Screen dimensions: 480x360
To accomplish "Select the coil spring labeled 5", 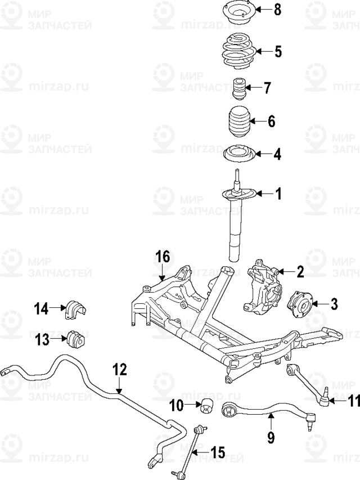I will [240, 52].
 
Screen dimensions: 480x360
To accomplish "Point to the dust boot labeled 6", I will [240, 121].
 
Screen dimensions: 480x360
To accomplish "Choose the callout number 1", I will [277, 194].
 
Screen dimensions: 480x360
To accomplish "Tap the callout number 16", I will [162, 257].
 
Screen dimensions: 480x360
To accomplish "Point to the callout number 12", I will [119, 370].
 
